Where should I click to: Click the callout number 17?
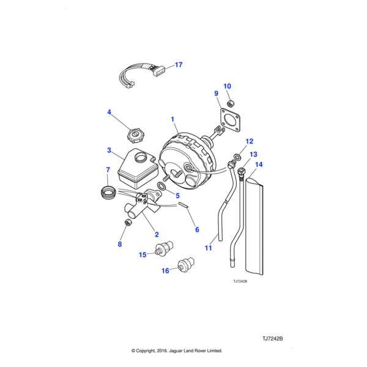(x=179, y=64)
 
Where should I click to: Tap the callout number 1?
(x=172, y=119)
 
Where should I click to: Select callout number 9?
(x=216, y=94)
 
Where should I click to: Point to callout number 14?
(x=258, y=165)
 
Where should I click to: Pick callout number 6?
(x=197, y=229)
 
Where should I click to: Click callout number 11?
(x=208, y=248)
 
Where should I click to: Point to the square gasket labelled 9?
(x=230, y=119)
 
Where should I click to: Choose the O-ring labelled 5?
(x=160, y=186)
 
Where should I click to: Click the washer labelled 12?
(x=237, y=156)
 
